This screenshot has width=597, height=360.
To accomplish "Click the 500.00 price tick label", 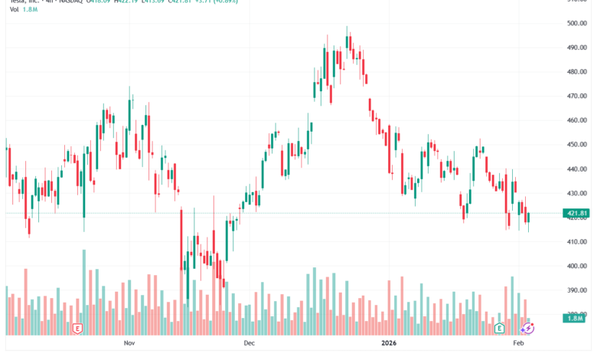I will pos(576,23).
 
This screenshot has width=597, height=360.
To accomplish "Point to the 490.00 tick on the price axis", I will pos(576,47).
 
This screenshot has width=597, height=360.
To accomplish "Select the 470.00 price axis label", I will pos(576,97).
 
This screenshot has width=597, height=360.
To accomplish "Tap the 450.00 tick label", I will pos(576,145).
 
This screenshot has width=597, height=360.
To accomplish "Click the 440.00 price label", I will pos(576,169).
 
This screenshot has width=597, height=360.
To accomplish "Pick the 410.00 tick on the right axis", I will pos(576,242).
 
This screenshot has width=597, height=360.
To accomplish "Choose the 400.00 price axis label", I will pos(576,267).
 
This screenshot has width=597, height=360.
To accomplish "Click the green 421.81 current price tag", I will pos(577,213).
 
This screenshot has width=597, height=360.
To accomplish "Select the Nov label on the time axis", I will pos(129,345).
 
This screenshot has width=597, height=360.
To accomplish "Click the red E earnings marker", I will pos(77,328).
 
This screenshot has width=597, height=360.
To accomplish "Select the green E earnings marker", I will pos(499,328).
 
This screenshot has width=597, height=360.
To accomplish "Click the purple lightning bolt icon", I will pos(527,328).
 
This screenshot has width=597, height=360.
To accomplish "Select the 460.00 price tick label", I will pos(576,120).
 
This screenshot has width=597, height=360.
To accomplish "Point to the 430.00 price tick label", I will pos(576,194).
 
